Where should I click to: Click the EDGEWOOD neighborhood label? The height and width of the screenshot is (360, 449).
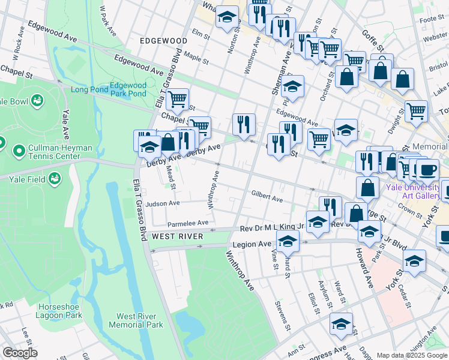click(x=163, y=40)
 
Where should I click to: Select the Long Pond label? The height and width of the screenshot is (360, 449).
click(x=89, y=90)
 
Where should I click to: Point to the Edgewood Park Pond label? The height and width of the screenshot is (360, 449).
click(x=128, y=90)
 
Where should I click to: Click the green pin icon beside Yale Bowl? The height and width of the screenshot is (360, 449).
click(x=38, y=100)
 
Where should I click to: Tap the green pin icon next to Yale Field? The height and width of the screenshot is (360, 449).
click(x=55, y=178)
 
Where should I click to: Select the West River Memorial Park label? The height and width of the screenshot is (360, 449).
click(x=136, y=320)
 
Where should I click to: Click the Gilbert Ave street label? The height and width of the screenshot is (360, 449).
click(x=267, y=197)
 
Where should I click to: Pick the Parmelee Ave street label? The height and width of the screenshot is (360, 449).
click(x=187, y=223)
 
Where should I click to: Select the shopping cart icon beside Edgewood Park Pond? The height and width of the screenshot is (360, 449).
click(x=177, y=100)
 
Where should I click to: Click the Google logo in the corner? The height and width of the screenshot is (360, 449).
click(x=20, y=353)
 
